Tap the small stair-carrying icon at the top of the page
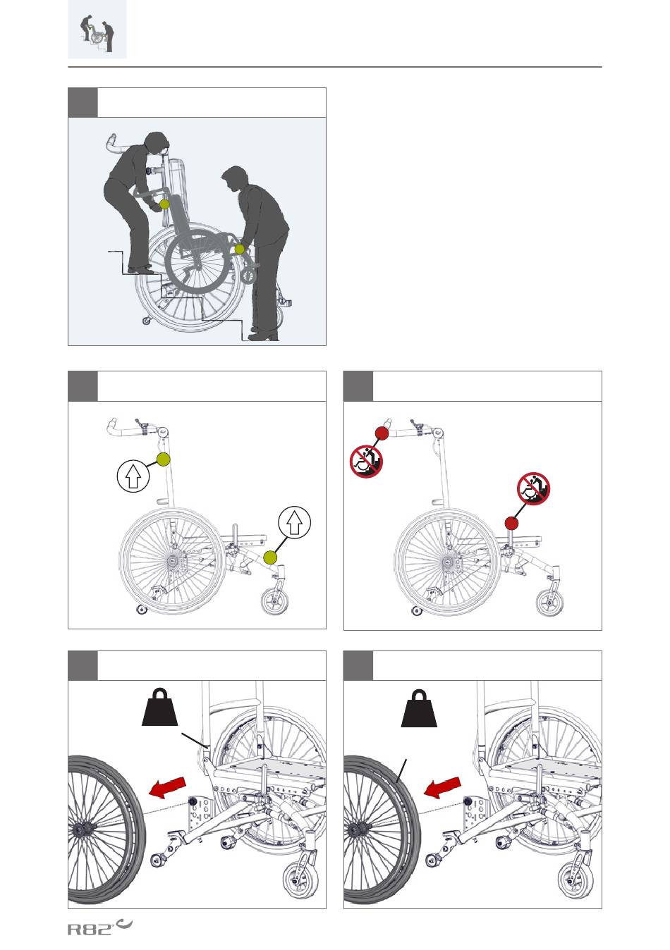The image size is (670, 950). point(97,30)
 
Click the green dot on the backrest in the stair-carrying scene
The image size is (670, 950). point(164,204)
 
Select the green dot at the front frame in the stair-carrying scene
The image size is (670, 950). point(240,249)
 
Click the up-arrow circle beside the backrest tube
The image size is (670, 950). point(133,476)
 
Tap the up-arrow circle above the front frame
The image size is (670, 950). point(295,522)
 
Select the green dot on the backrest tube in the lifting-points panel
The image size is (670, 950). point(164,459)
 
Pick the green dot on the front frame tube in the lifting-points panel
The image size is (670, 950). point(270,557)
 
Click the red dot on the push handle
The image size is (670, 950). point(382,433)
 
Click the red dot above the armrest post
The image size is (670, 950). point(512,524)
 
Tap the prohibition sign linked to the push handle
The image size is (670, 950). point(366,461)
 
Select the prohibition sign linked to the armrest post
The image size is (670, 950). point(533,488)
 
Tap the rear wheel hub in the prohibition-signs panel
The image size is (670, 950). point(448,562)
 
